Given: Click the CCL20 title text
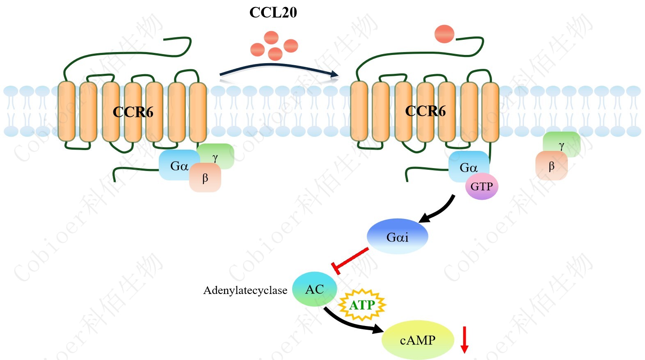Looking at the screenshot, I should (273, 12).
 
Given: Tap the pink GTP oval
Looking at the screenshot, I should (482, 187).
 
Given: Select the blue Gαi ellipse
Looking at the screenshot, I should (397, 237).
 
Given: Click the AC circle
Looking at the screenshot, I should (315, 289).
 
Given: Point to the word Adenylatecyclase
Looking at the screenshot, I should (245, 290).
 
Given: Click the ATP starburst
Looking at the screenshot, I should (362, 305).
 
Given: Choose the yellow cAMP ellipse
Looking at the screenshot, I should (418, 340).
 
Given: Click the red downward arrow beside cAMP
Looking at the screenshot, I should (464, 339).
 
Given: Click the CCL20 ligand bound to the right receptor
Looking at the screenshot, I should (444, 34).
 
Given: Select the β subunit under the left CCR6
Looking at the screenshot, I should (205, 178).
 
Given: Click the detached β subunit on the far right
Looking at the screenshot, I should (551, 166).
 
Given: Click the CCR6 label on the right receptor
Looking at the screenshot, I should (425, 111).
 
